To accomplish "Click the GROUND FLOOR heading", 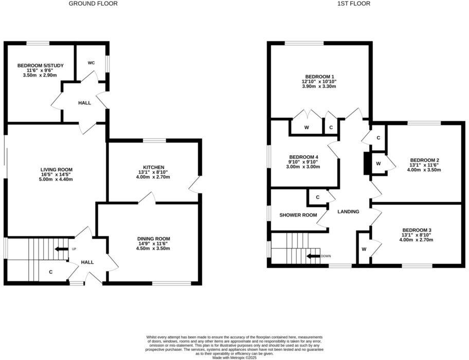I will (x=93, y=4).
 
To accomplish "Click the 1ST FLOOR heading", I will (x=353, y=4).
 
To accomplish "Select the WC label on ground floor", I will (x=91, y=63).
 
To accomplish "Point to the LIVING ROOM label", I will (x=57, y=170).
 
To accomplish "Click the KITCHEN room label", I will (x=154, y=168).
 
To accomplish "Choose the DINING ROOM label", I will (x=153, y=239).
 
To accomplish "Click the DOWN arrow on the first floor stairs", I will (x=313, y=256).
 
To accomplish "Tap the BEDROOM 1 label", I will (x=319, y=76).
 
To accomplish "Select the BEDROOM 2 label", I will (x=424, y=160).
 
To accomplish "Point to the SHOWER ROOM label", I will (x=298, y=215).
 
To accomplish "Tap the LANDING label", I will (x=348, y=212).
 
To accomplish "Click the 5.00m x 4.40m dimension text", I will (x=56, y=179).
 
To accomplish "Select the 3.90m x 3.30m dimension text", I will (x=319, y=86).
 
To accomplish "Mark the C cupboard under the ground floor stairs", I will (x=50, y=272).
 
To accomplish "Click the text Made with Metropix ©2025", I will (x=234, y=357).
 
